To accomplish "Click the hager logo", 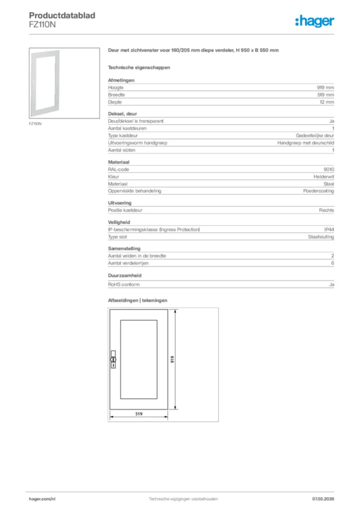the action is [314, 20].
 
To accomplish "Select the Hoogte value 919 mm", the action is [324, 87].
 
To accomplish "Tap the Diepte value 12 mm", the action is [326, 102].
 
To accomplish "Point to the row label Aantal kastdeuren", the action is [127, 128].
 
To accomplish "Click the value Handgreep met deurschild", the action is [305, 143].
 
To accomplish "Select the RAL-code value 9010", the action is [328, 170].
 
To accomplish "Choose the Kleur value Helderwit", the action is [324, 176].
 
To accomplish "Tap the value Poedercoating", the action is [318, 191].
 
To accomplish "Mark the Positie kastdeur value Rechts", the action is [326, 210].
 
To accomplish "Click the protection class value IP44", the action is [329, 230].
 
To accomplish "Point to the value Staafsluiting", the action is [321, 237].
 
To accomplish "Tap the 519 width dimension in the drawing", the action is [140, 413].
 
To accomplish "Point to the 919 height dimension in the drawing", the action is [172, 359].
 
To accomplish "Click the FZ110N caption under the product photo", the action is [35, 124].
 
